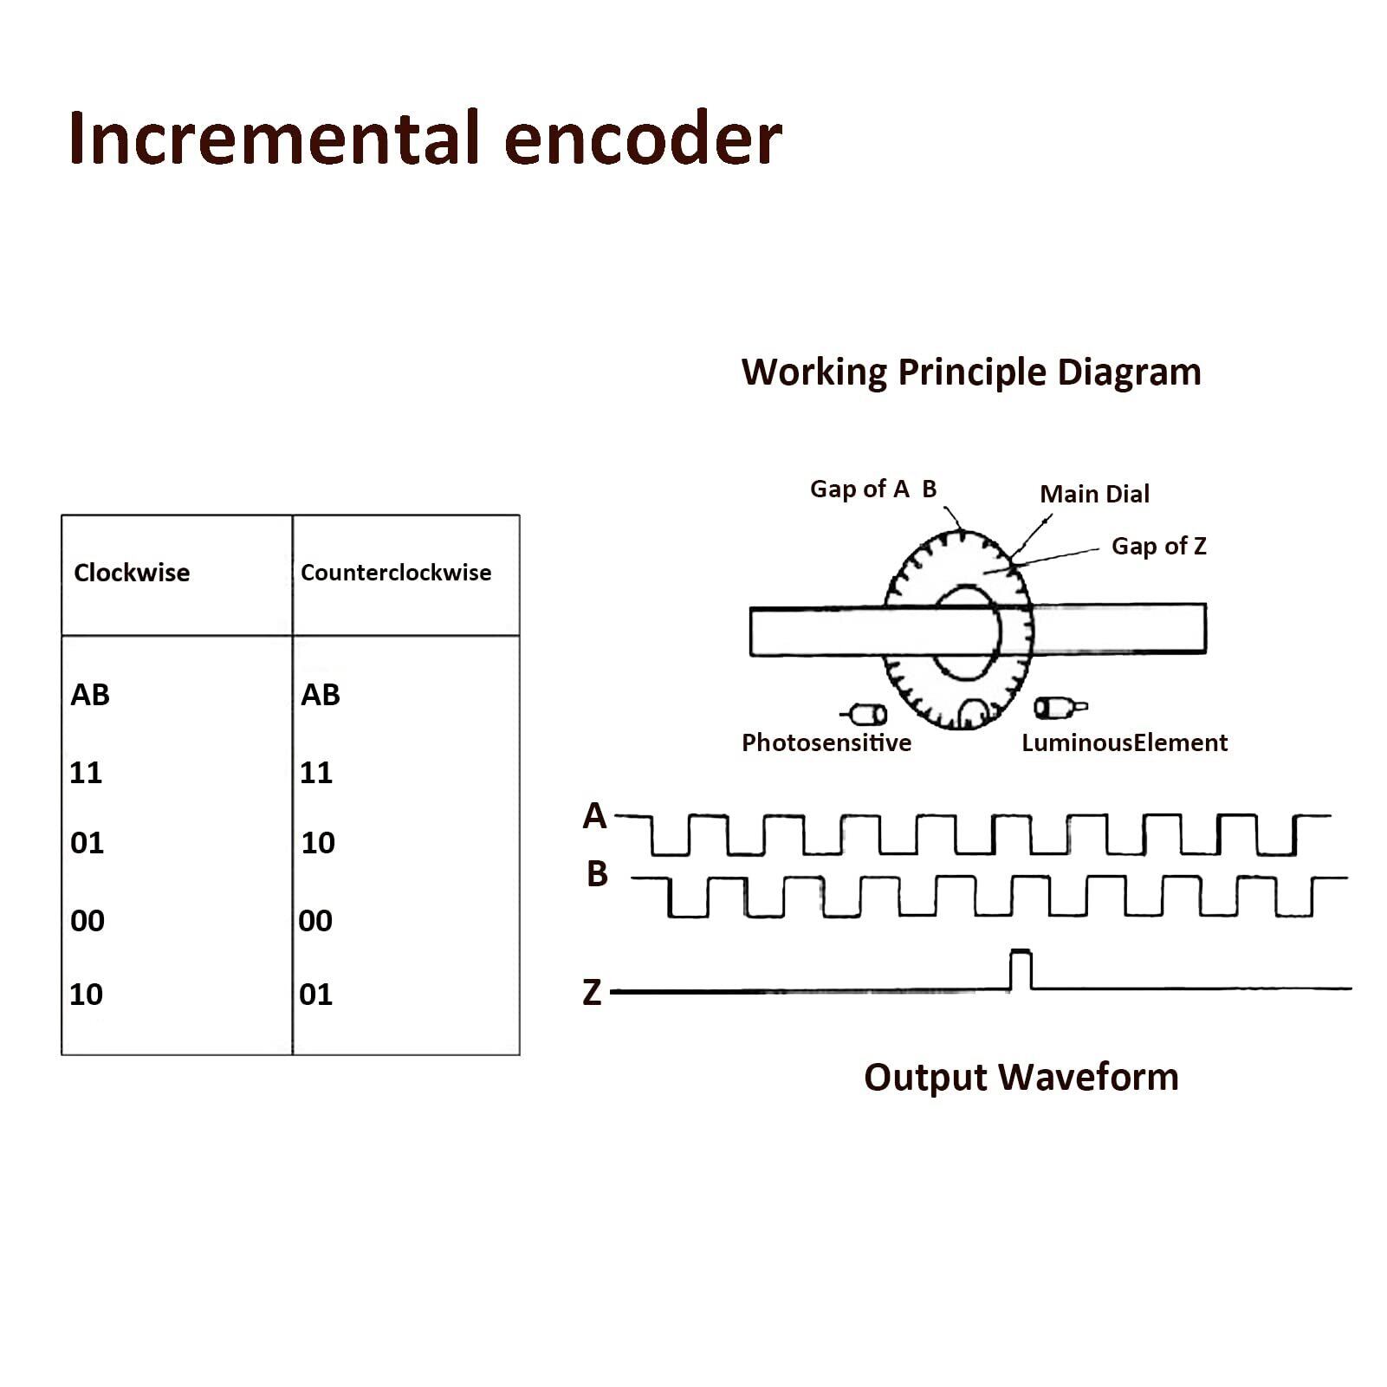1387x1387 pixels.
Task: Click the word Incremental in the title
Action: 274,138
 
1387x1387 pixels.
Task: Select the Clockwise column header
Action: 132,572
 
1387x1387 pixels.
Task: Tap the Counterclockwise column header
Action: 396,572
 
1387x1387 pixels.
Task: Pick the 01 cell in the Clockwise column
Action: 87,842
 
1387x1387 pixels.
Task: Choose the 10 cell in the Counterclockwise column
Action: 318,842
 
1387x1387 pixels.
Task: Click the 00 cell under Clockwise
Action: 87,920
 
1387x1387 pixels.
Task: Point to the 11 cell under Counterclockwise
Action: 316,772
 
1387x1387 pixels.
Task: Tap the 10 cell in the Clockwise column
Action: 87,994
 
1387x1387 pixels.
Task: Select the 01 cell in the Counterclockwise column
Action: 316,994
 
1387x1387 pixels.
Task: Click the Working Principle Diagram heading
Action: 971,373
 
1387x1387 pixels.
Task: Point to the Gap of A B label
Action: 873,489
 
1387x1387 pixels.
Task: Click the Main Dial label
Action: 1094,494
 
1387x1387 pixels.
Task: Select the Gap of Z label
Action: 1159,546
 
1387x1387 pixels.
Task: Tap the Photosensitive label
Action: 826,742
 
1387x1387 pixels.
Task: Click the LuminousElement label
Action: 1125,742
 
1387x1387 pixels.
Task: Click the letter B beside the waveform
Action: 597,874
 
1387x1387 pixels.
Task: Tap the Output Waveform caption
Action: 1021,1078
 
